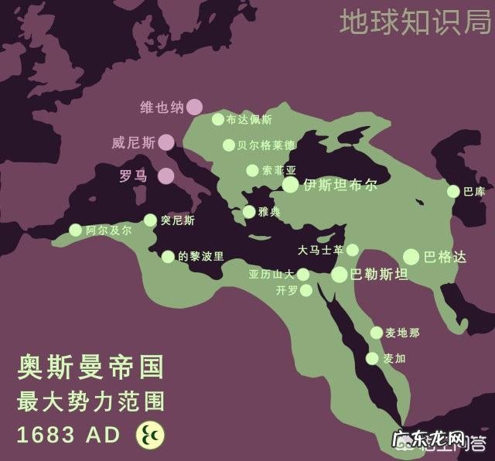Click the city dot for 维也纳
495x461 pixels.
[194, 107]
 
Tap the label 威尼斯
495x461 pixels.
[133, 142]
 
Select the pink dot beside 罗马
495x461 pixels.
[166, 176]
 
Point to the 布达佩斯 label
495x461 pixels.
[249, 120]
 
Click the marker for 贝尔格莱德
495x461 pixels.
[229, 145]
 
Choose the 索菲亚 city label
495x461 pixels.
[279, 170]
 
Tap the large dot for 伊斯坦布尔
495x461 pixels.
[290, 184]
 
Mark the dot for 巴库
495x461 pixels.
[453, 191]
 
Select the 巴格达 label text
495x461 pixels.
[445, 257]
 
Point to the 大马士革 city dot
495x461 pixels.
[353, 250]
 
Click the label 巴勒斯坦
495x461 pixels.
[379, 274]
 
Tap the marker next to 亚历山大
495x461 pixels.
[303, 274]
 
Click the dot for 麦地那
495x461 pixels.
[376, 333]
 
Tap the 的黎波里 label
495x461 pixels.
[201, 256]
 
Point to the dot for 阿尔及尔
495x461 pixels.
[75, 230]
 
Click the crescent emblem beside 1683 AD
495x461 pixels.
[150, 435]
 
